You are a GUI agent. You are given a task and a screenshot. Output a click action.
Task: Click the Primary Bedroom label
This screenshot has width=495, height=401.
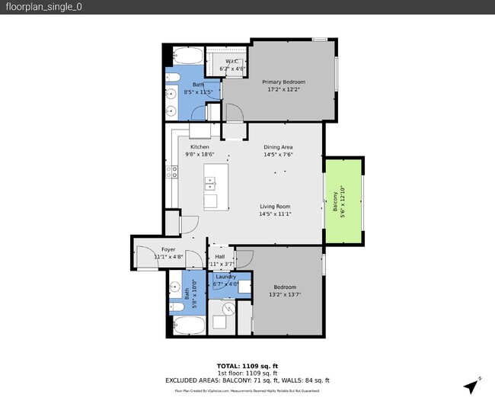(283, 82)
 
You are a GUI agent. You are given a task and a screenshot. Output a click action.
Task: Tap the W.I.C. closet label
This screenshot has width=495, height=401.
(232, 62)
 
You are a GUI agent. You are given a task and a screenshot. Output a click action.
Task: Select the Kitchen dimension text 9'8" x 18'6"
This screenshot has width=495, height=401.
(200, 154)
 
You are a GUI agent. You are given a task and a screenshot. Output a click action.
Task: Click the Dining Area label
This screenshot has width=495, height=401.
(278, 147)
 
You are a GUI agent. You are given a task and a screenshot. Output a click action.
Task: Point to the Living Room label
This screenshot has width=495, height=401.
(276, 206)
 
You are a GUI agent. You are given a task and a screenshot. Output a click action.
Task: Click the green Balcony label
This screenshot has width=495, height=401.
(334, 202)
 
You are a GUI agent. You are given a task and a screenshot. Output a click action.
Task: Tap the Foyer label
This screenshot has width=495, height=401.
(168, 249)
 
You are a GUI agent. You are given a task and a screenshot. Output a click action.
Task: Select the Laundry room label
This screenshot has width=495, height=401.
(225, 277)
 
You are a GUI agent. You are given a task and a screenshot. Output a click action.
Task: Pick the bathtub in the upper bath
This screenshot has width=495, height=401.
(187, 58)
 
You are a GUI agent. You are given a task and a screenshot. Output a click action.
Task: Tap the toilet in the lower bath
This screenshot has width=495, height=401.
(175, 306)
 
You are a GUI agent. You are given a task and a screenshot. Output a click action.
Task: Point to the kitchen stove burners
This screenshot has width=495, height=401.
(174, 172)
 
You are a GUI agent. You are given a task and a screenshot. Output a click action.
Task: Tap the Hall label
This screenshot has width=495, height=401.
(219, 257)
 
